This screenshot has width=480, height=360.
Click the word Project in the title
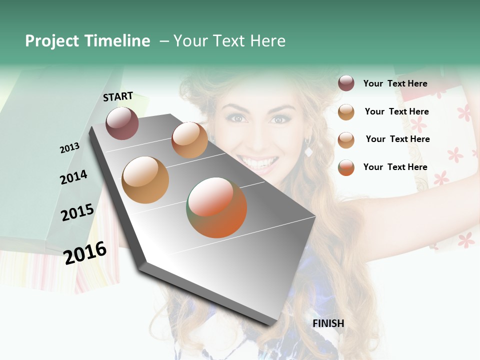(52, 41)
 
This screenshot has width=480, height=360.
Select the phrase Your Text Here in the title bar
(229, 41)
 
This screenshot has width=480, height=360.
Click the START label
(118, 96)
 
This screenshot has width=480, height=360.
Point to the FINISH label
(328, 323)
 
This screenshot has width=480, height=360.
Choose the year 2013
(69, 148)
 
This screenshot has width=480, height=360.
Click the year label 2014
(73, 177)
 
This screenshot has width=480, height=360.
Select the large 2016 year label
(85, 252)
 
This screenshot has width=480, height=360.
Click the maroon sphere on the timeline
(122, 123)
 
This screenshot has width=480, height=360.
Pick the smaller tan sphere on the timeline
(189, 140)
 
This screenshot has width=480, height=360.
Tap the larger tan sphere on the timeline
(145, 179)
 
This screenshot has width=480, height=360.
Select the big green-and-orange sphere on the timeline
(216, 207)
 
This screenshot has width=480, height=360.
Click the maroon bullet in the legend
(346, 83)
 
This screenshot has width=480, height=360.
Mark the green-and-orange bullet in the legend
(346, 167)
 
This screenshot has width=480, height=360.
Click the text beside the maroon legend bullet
(395, 83)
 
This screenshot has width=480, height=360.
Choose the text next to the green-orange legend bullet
(395, 167)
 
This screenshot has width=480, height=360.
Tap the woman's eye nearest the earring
(279, 119)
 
